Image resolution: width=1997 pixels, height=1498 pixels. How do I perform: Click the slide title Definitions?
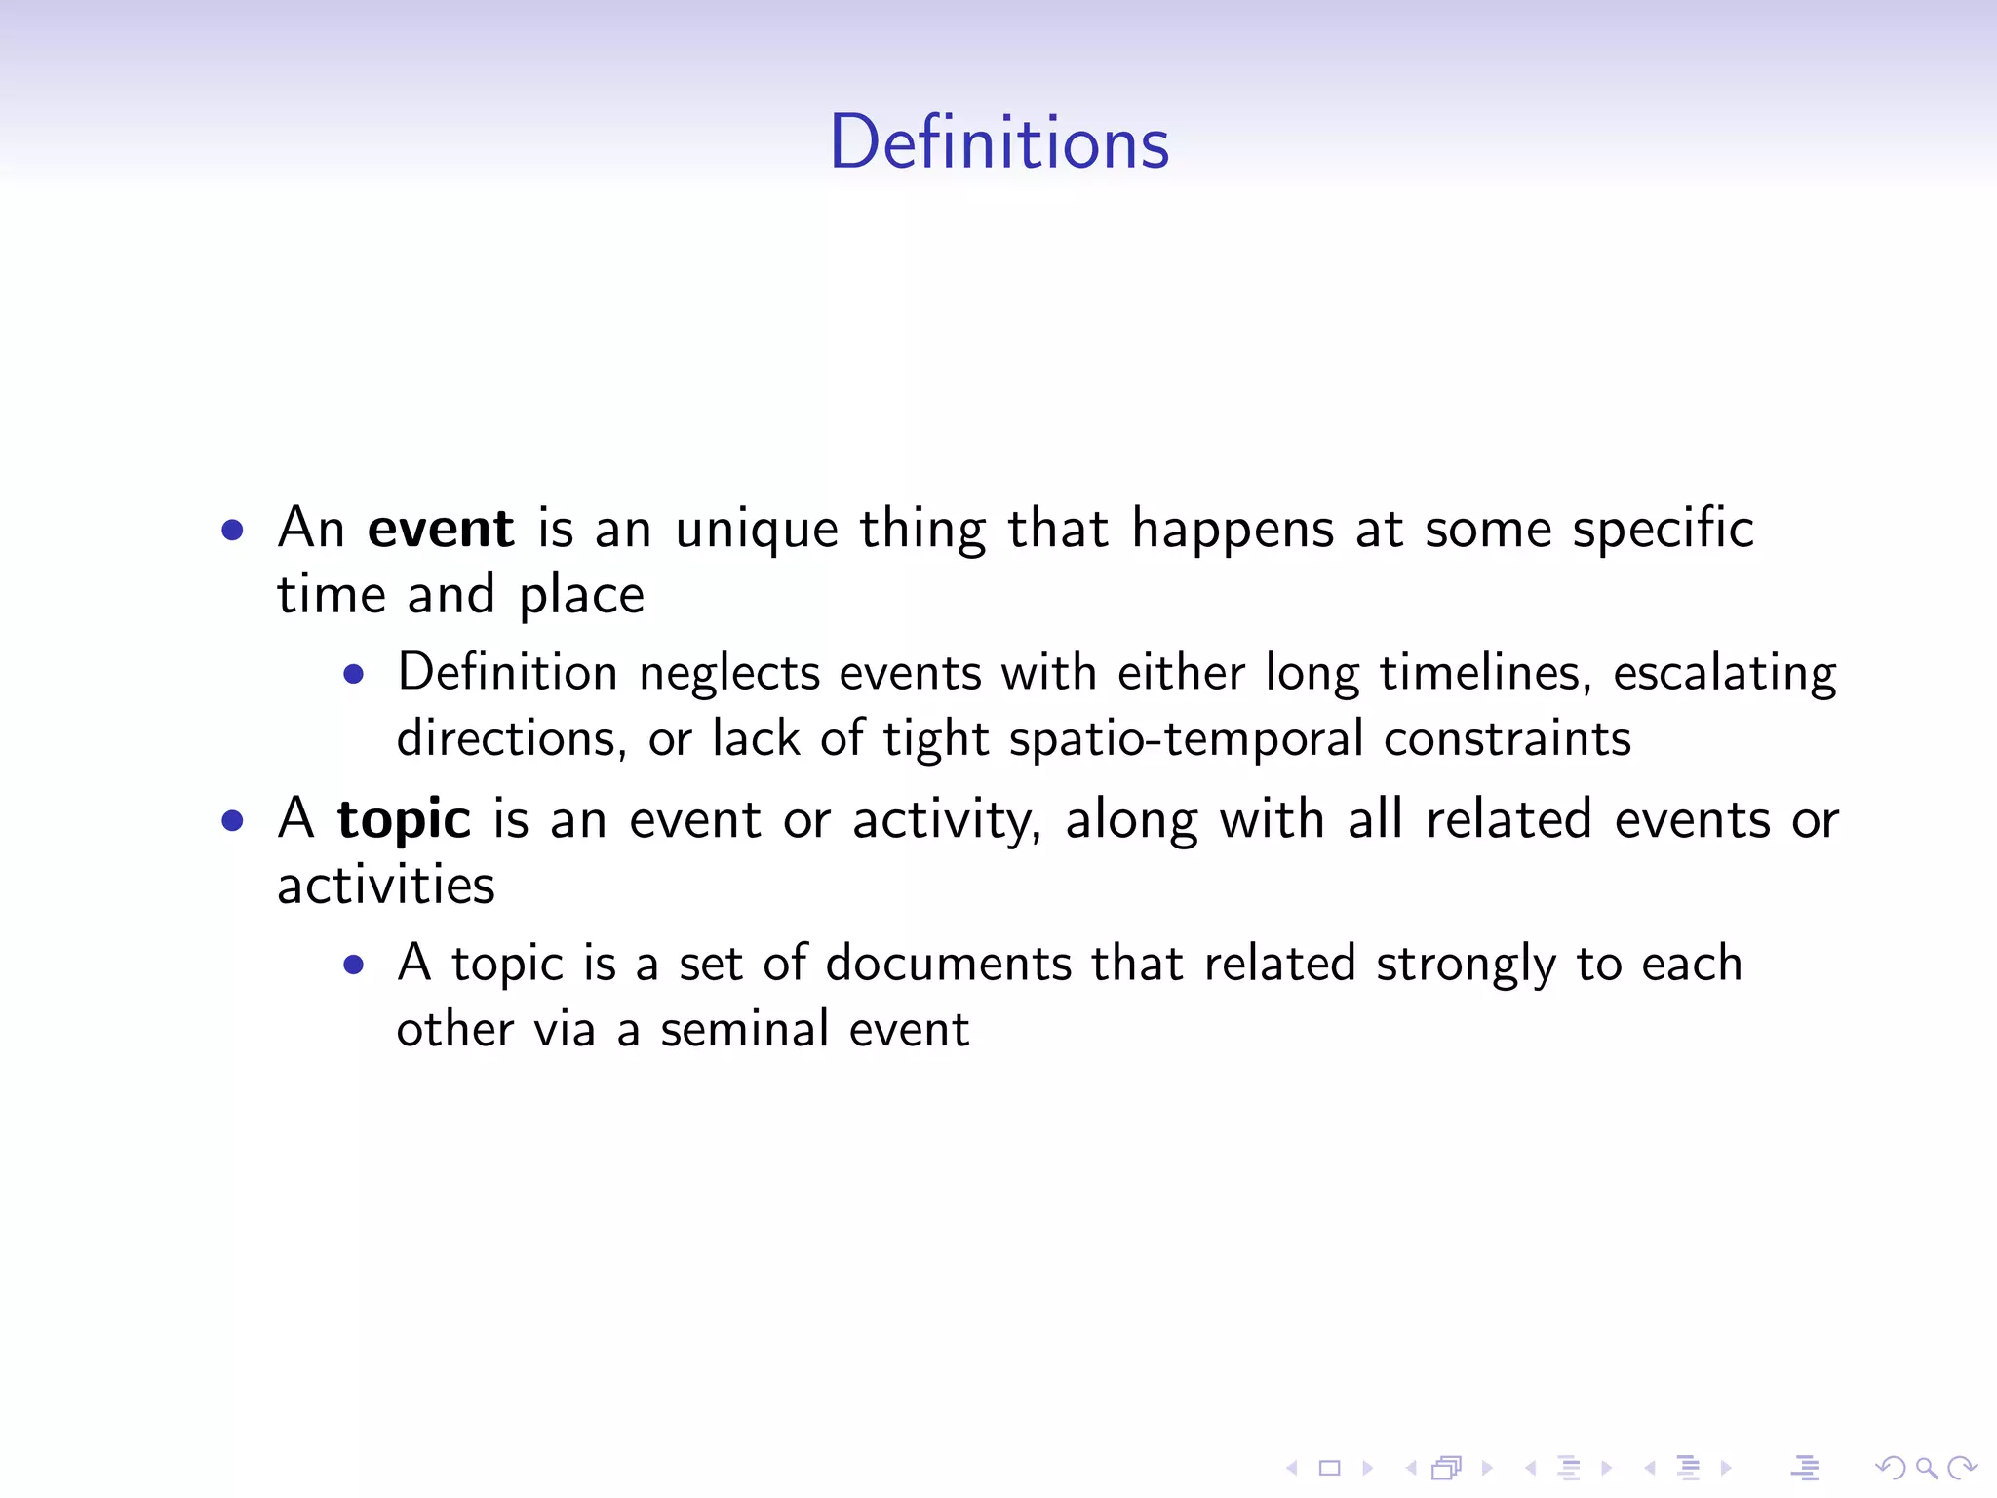[998, 142]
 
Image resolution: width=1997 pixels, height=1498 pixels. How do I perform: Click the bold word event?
[441, 530]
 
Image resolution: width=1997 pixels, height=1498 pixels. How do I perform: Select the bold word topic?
[404, 820]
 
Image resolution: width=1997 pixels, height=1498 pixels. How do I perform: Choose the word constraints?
[1508, 739]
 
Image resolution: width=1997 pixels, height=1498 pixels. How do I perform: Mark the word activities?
[386, 886]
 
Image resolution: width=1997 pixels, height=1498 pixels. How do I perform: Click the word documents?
[949, 964]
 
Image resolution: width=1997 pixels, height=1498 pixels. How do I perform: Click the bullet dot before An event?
[232, 531]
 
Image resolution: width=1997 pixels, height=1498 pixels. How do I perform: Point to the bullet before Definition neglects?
[354, 674]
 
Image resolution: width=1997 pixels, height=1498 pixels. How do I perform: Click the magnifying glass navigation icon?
[1926, 1468]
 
